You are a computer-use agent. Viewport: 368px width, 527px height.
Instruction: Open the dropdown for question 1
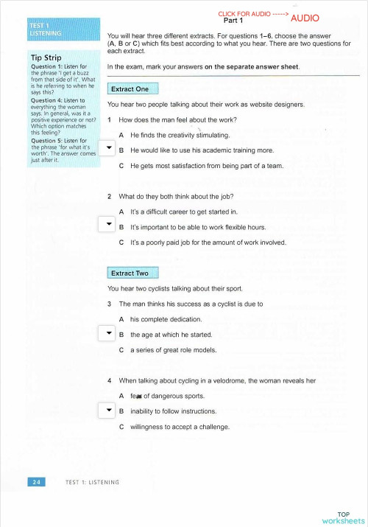click(107, 148)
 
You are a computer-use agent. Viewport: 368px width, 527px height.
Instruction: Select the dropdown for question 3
click(107, 334)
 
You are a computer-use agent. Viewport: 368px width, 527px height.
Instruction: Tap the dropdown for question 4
click(107, 411)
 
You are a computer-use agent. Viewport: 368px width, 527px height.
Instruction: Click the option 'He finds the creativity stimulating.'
click(180, 136)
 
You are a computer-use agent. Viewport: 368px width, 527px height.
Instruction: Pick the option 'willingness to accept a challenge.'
click(180, 427)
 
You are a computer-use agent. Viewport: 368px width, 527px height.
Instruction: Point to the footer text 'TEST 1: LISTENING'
click(92, 482)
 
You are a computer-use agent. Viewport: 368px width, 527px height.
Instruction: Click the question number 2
click(109, 197)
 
